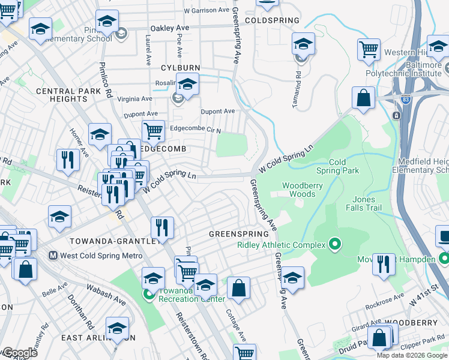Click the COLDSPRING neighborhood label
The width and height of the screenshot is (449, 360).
pyautogui.click(x=271, y=20)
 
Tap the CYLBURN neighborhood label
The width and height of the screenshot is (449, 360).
pyautogui.click(x=179, y=68)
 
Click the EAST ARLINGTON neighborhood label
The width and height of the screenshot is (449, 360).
pyautogui.click(x=97, y=338)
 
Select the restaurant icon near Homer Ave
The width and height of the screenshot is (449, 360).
pyautogui.click(x=67, y=160)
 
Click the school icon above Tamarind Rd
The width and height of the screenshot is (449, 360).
pyautogui.click(x=303, y=44)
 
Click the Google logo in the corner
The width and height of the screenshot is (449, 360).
pyautogui.click(x=19, y=353)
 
